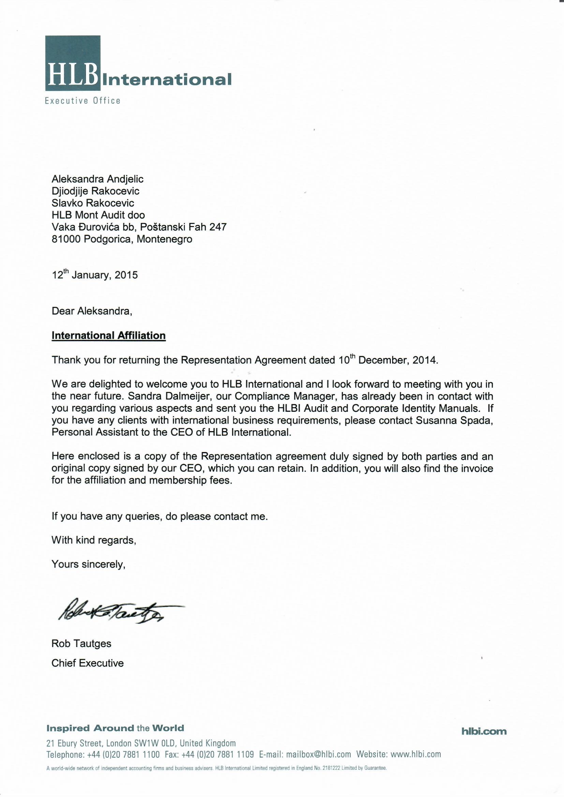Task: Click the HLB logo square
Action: click(x=73, y=63)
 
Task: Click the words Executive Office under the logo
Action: click(x=83, y=101)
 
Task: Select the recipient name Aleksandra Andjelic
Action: click(x=97, y=179)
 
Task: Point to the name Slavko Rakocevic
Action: click(x=93, y=203)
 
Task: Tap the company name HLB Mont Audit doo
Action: click(x=98, y=215)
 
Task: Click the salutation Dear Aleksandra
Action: click(x=92, y=311)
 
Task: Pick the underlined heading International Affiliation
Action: click(x=108, y=336)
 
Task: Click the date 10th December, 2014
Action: click(x=388, y=360)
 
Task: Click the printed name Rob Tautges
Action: click(x=81, y=644)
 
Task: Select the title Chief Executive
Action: click(x=88, y=663)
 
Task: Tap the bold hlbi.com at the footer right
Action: click(x=484, y=732)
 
